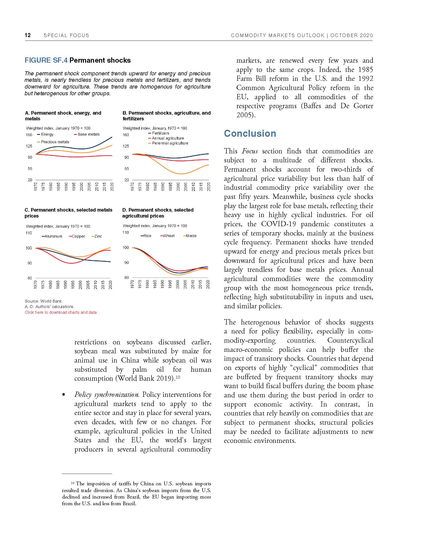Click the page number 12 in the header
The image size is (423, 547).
click(28, 35)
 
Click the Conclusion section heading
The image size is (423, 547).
click(250, 134)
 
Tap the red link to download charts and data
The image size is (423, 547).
click(61, 312)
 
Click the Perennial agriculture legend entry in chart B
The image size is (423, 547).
click(170, 143)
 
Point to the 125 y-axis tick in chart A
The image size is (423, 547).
click(29, 146)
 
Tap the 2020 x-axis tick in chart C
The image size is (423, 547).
click(110, 285)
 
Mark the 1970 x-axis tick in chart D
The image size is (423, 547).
click(132, 285)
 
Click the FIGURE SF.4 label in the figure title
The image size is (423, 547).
click(46, 60)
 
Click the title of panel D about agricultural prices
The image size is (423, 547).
click(158, 213)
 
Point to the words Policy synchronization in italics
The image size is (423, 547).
click(107, 395)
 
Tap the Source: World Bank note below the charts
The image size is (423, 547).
click(44, 301)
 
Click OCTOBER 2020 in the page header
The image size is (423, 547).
click(351, 35)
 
